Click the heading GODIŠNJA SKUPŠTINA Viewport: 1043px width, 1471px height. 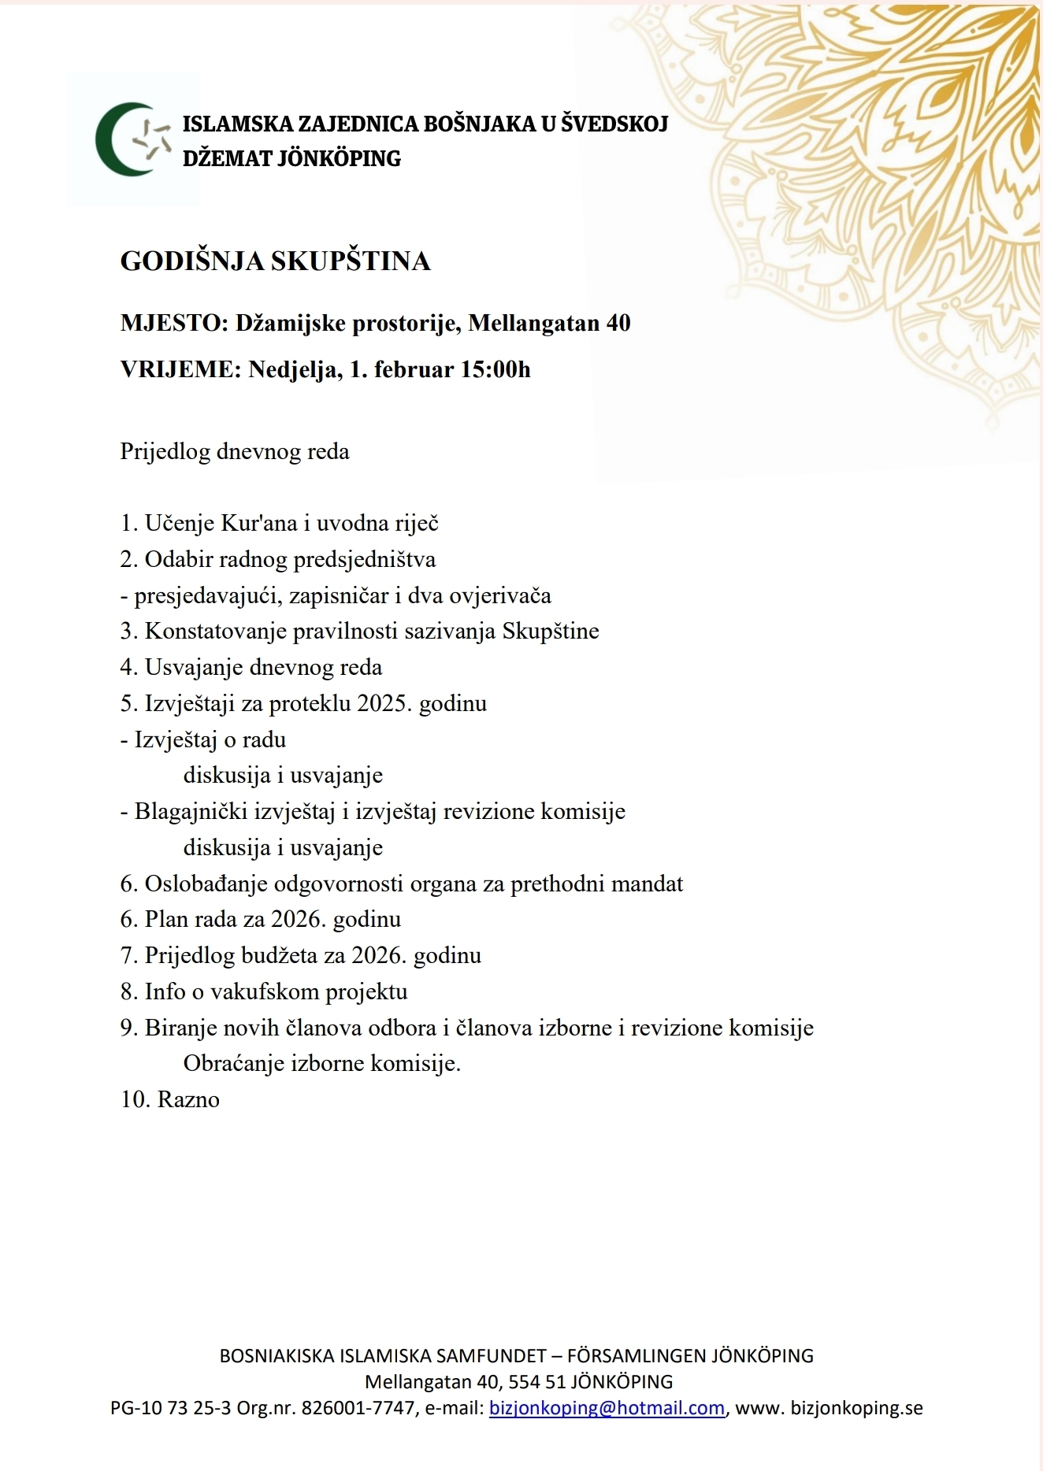[x=275, y=261]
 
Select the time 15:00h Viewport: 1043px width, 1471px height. [x=496, y=369]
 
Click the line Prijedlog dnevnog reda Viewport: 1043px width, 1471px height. [x=234, y=452]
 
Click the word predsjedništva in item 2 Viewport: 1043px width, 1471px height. [x=364, y=560]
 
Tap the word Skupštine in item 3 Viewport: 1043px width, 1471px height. [x=551, y=632]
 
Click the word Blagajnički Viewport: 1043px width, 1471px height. [x=191, y=811]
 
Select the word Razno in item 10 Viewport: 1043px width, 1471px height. [x=188, y=1099]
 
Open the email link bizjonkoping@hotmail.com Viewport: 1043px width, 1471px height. [x=607, y=1408]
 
